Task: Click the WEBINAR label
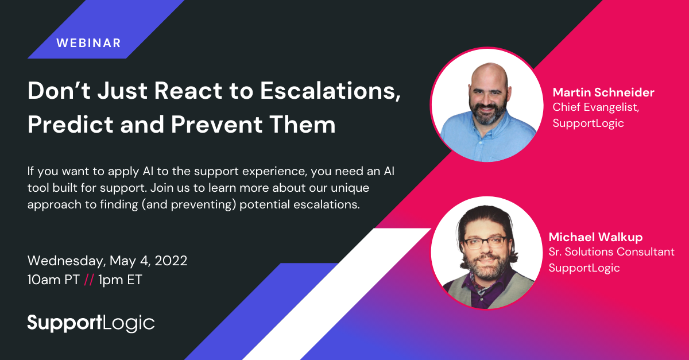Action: click(88, 43)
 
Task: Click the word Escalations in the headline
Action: click(330, 91)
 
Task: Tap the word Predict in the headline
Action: click(71, 125)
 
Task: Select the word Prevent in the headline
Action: click(217, 125)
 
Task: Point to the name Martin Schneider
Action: click(603, 92)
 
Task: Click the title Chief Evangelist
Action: click(595, 107)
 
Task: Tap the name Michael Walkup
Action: click(595, 237)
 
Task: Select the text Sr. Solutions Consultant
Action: click(611, 251)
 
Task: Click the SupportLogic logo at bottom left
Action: click(91, 323)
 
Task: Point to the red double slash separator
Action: click(89, 280)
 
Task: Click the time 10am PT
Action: click(53, 280)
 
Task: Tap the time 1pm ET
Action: click(120, 280)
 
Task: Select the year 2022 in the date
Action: click(171, 261)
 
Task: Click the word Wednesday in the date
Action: click(67, 261)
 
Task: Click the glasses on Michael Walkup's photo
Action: click(485, 242)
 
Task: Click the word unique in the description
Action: click(350, 188)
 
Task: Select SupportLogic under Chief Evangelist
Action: click(588, 123)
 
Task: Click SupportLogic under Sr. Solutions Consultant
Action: click(584, 268)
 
